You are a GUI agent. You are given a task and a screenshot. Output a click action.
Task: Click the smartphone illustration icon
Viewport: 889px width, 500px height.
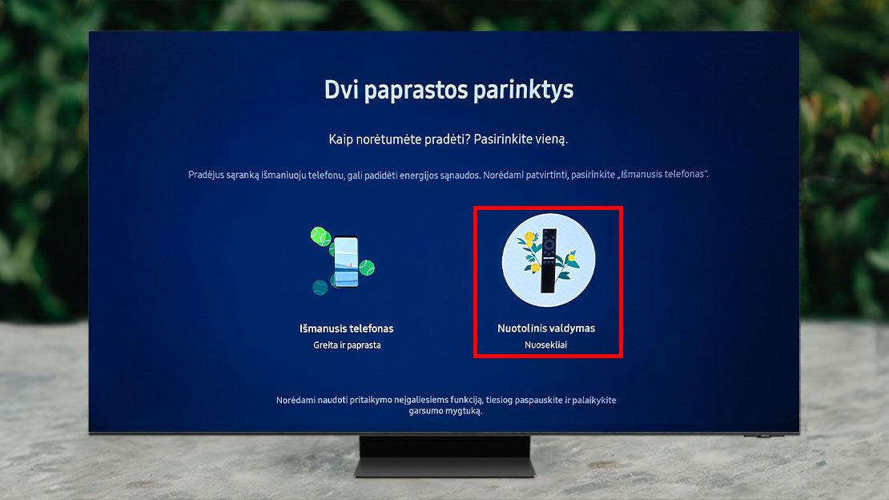coord(346,262)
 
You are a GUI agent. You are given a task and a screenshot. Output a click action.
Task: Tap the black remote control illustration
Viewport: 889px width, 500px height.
coord(549,260)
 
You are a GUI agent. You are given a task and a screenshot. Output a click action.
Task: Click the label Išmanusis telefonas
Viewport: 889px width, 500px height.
coord(347,329)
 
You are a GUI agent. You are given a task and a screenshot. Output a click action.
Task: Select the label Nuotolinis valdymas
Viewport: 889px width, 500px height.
coord(546,328)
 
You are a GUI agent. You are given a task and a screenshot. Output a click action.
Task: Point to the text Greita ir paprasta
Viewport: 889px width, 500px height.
coord(347,345)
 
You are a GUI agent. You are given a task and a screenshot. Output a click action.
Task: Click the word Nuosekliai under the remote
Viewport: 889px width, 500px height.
coord(545,345)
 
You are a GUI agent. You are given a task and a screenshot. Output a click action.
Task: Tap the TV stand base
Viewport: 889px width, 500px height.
coord(445,468)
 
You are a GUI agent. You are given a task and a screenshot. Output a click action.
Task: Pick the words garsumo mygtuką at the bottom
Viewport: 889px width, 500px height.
coord(445,411)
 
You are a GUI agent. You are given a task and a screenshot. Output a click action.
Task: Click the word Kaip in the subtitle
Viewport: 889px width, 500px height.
coord(340,139)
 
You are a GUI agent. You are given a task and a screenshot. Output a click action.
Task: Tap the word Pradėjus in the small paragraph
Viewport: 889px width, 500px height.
coord(205,175)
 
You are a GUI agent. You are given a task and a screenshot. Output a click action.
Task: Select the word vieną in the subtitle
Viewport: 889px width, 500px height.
coord(552,139)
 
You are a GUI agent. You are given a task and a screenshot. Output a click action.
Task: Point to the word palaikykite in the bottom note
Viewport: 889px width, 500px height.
coord(594,400)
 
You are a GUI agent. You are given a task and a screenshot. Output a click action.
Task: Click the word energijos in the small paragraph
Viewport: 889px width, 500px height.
coord(418,175)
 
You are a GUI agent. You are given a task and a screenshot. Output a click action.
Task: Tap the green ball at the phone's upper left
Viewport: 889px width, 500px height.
coord(321,236)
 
